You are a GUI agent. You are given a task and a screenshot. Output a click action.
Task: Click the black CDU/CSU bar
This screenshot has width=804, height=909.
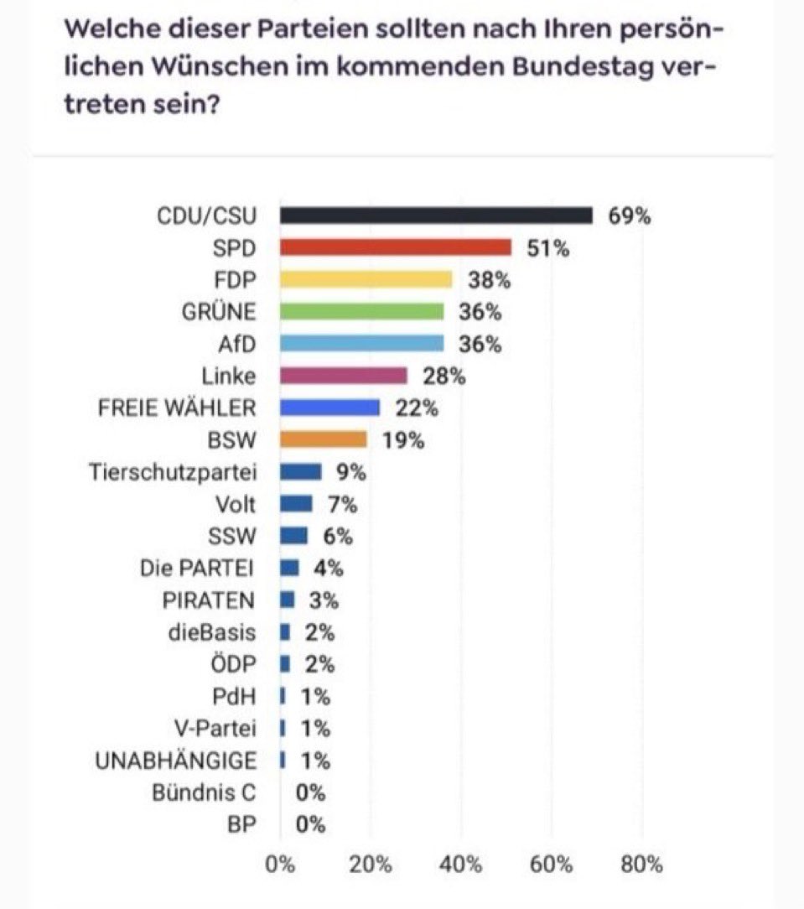pos(436,216)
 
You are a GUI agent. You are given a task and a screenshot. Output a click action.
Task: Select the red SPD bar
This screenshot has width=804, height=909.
pos(395,247)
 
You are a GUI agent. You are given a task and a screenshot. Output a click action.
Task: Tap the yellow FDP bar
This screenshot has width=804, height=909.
pos(366,279)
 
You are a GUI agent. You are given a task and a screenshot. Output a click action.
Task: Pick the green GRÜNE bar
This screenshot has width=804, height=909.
pos(361,312)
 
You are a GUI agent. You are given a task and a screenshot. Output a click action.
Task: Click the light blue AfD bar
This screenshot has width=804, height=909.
pos(361,344)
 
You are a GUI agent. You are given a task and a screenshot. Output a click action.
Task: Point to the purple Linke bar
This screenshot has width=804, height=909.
pos(343,376)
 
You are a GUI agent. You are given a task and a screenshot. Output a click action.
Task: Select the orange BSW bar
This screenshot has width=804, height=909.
pos(323,439)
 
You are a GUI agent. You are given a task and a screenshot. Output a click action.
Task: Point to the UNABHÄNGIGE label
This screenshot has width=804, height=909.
pos(176,761)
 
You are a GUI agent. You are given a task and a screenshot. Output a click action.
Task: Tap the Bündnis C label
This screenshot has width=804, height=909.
pos(204,792)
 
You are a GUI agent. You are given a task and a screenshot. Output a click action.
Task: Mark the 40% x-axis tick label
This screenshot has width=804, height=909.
pos(460,865)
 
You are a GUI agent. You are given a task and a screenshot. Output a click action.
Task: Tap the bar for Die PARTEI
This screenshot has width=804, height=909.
pos(288,569)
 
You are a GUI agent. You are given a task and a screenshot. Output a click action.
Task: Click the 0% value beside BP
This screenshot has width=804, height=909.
pos(310,824)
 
